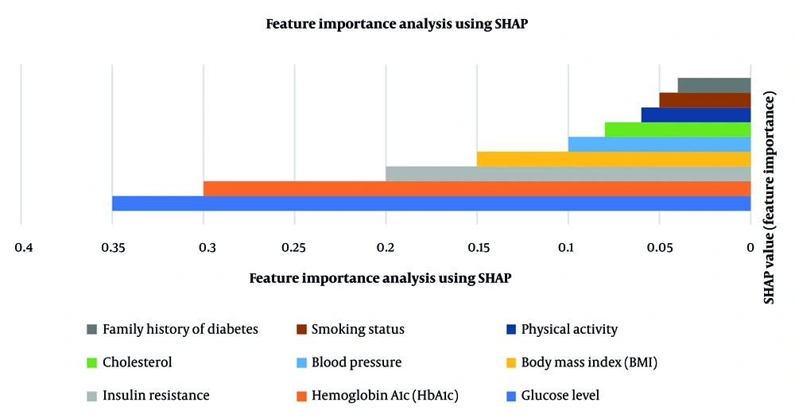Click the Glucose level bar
[x=432, y=203]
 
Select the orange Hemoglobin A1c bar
[x=477, y=188]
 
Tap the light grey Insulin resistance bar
[x=568, y=173]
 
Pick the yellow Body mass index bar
[x=614, y=159]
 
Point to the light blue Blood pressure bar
[x=660, y=144]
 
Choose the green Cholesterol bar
[x=677, y=130]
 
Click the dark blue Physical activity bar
[x=696, y=114]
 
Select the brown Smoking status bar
[x=705, y=100]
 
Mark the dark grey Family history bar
[x=714, y=85]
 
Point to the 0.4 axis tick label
[x=25, y=248]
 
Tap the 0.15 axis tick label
[x=478, y=248]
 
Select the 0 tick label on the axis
[x=750, y=248]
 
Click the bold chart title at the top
[x=397, y=24]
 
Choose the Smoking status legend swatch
[x=301, y=329]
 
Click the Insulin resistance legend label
[x=156, y=396]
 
